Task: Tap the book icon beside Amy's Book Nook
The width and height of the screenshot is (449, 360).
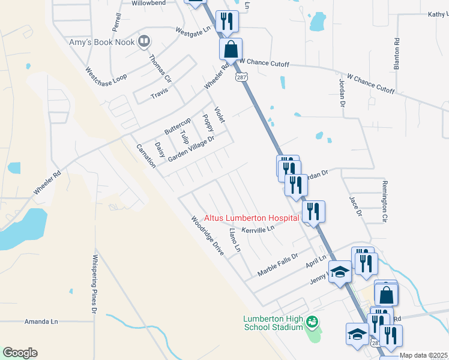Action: (143, 41)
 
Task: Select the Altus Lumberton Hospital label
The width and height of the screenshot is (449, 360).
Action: (252, 218)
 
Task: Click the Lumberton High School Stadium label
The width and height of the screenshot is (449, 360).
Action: (273, 323)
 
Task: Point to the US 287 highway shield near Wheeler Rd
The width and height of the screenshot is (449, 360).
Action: (240, 78)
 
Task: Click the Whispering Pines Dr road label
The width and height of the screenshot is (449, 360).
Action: (95, 284)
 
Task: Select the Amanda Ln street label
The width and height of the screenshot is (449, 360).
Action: (41, 322)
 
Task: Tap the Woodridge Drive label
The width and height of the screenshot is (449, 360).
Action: (207, 236)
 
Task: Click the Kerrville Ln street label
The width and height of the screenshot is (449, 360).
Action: (258, 229)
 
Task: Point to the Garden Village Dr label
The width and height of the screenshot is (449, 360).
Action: (191, 148)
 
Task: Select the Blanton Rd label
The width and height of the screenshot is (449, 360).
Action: (397, 55)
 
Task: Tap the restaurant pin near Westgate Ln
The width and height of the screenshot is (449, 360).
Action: (228, 22)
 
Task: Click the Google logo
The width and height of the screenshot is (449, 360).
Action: (20, 353)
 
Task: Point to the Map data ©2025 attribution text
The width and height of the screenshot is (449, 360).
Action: (424, 355)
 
